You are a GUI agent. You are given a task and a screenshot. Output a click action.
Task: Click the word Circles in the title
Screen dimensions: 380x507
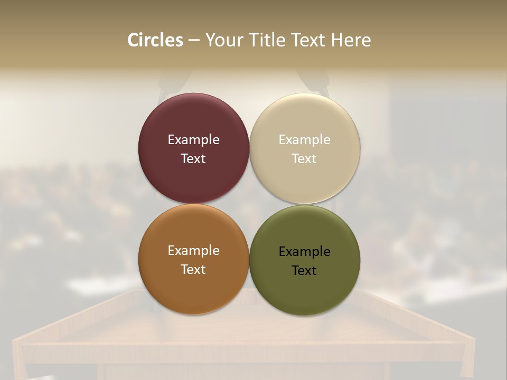click(155, 40)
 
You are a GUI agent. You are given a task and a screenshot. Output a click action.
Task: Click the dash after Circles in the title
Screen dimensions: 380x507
click(194, 41)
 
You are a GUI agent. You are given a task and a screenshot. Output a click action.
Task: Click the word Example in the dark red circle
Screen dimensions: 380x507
click(193, 140)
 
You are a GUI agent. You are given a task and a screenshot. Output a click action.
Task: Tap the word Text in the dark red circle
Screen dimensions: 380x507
click(193, 159)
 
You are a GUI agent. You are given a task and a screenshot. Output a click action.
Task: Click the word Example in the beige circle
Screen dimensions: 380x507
click(305, 140)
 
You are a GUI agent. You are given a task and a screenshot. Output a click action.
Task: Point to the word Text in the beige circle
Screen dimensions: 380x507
click(305, 159)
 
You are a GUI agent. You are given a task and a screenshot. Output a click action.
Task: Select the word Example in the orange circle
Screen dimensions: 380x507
click(193, 251)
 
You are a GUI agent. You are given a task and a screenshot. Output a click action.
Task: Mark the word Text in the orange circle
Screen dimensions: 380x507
click(193, 270)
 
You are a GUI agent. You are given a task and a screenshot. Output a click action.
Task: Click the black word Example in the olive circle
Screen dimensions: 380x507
click(305, 252)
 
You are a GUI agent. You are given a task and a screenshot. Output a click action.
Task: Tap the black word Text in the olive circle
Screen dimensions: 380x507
click(305, 271)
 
